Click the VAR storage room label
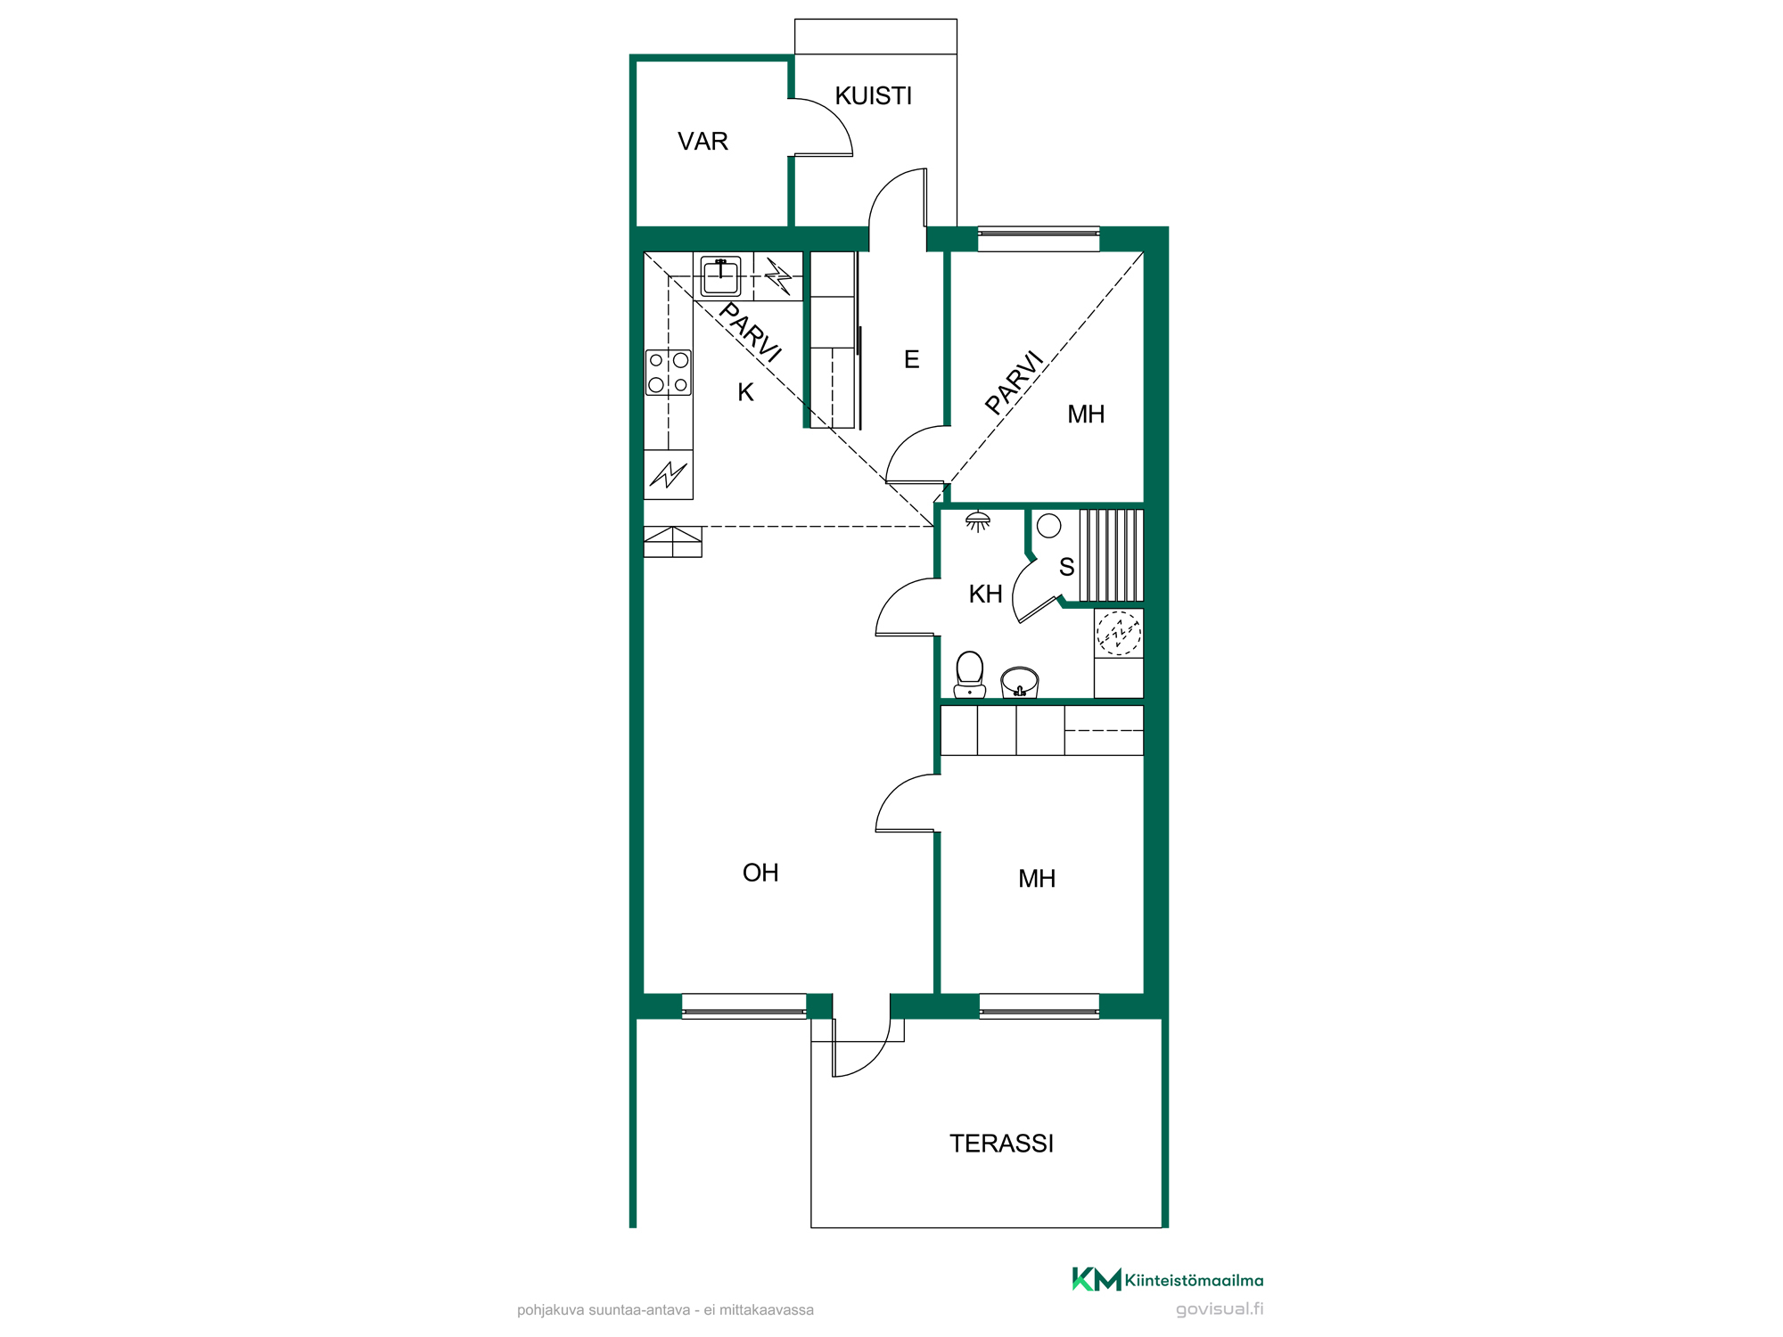(x=703, y=142)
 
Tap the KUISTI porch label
(x=874, y=96)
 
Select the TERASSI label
(x=1001, y=1144)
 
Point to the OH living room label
(x=760, y=873)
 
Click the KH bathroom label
(x=986, y=595)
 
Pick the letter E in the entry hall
(x=911, y=359)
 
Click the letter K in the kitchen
(x=745, y=392)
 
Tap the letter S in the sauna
(x=1066, y=567)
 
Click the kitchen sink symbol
(x=720, y=275)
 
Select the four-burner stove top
(x=669, y=373)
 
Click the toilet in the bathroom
(x=970, y=675)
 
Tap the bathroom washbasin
(x=1020, y=682)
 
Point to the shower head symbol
(x=978, y=521)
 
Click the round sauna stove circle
(x=1049, y=526)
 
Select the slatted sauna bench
(x=1112, y=555)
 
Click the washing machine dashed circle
(x=1119, y=633)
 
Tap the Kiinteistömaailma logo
(x=1168, y=1280)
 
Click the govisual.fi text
(x=1220, y=1309)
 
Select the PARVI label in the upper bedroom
(x=1015, y=382)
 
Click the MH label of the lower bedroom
(x=1037, y=879)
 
